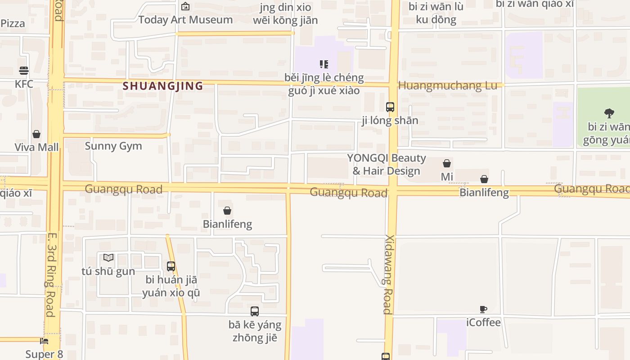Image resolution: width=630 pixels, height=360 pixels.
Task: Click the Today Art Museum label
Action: [185, 20]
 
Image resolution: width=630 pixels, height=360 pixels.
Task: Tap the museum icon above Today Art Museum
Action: [185, 6]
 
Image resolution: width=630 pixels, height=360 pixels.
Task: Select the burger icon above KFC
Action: [24, 71]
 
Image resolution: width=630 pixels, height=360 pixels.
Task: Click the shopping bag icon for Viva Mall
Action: [36, 134]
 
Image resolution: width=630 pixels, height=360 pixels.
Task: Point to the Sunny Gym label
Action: [113, 146]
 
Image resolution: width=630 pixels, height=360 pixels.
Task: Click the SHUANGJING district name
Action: [163, 86]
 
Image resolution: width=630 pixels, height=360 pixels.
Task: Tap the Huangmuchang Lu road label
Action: [448, 85]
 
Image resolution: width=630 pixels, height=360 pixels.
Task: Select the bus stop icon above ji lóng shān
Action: [390, 107]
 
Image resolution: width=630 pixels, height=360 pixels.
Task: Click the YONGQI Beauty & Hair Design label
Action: [387, 164]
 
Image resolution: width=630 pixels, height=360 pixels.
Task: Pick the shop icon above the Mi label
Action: [447, 163]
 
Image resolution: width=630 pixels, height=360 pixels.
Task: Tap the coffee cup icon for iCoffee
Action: [483, 309]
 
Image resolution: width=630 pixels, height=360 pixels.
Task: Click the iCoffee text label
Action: [483, 322]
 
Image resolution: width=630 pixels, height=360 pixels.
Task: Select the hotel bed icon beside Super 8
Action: [44, 341]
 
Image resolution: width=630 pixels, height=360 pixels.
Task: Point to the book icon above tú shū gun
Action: [108, 258]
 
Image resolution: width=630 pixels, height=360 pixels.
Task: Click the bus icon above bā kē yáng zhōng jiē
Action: [255, 311]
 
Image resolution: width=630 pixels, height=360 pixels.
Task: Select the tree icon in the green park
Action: [609, 113]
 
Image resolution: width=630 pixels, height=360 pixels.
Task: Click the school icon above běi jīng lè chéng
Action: [324, 64]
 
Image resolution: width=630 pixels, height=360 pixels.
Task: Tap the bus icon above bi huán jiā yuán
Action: [171, 266]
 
